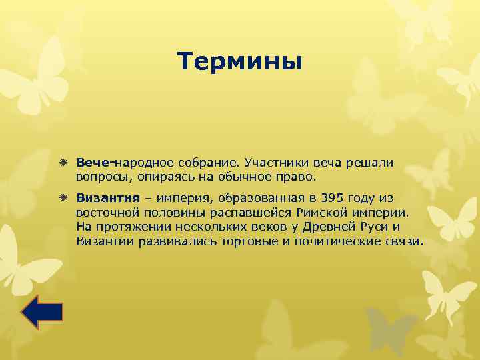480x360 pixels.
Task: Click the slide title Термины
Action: tap(240, 62)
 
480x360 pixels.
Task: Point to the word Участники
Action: tap(275, 163)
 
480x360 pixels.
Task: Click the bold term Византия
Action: tap(108, 198)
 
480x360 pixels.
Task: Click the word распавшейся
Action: tap(263, 212)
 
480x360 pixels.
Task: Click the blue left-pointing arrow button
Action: tap(42, 312)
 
